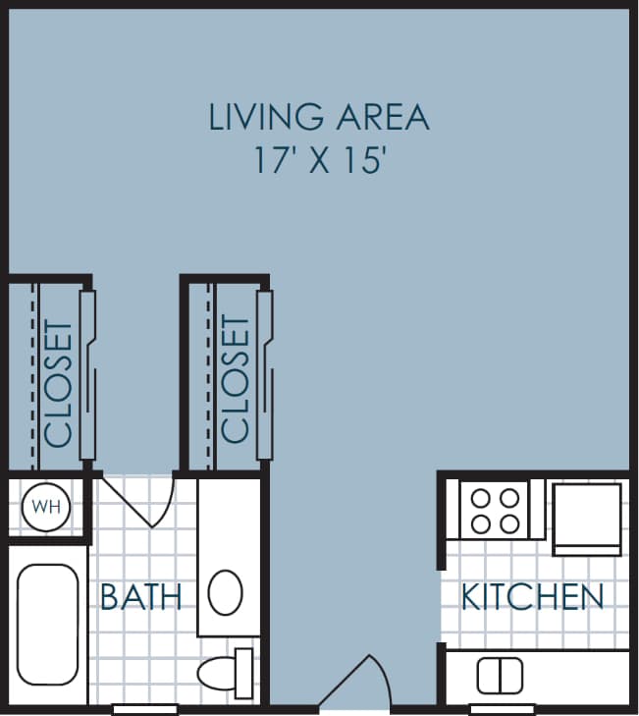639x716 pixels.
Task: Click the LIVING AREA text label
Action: tap(319, 117)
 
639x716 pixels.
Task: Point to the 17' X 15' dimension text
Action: tap(318, 160)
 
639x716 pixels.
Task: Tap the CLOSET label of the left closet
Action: tap(59, 384)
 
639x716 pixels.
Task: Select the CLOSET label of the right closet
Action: tap(236, 378)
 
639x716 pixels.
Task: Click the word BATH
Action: tap(141, 596)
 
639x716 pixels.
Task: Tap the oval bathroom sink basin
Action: tap(226, 592)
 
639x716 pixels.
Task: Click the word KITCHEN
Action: tap(532, 596)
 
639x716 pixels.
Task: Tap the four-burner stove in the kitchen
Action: tap(495, 510)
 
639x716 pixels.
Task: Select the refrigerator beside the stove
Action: tap(586, 517)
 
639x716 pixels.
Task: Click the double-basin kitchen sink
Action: tap(500, 675)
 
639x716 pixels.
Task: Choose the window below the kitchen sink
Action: tap(502, 708)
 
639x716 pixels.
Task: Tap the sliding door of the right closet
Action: tap(264, 375)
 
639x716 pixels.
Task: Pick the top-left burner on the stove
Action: tap(482, 498)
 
